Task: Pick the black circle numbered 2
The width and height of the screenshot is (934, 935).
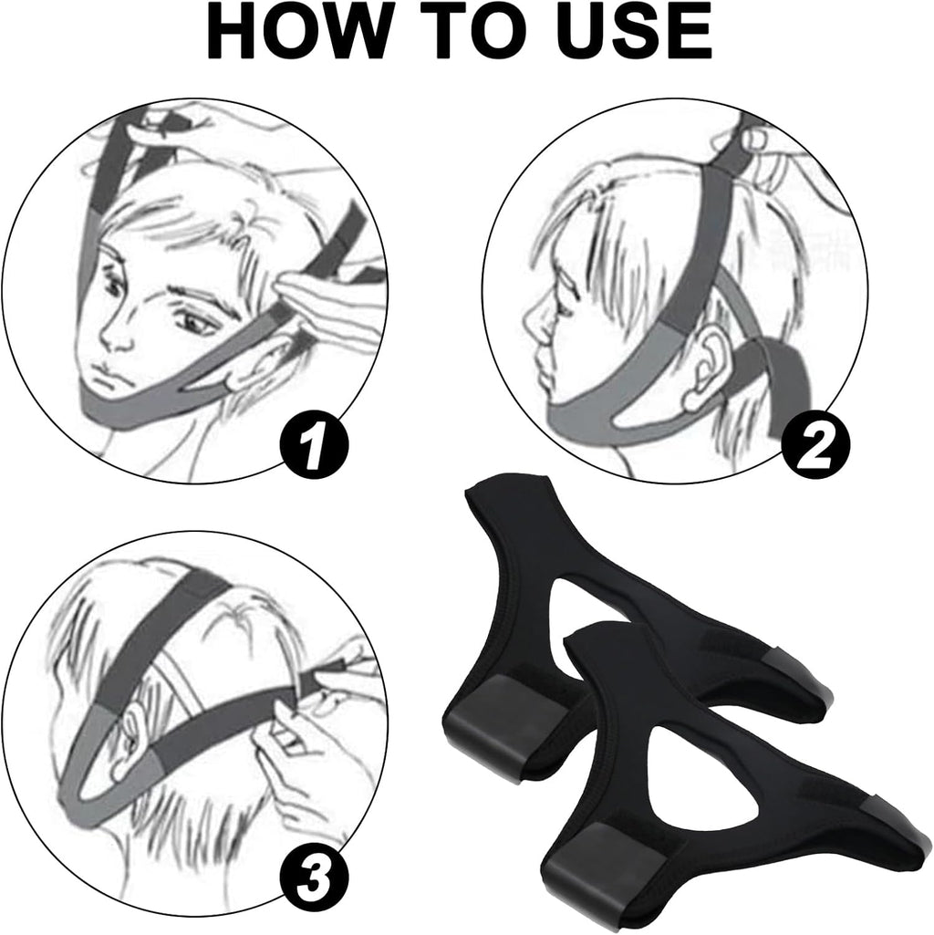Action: click(x=810, y=445)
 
